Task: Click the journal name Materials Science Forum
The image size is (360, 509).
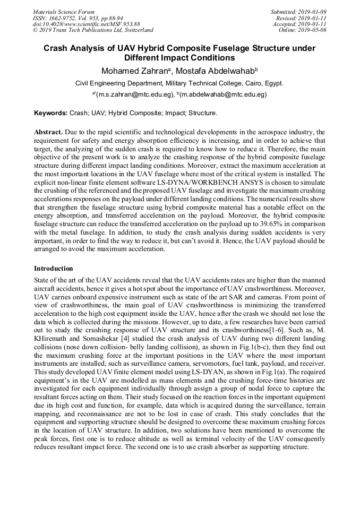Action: (64, 12)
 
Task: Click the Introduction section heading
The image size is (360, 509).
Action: (54, 269)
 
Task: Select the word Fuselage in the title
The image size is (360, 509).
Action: (215, 48)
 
